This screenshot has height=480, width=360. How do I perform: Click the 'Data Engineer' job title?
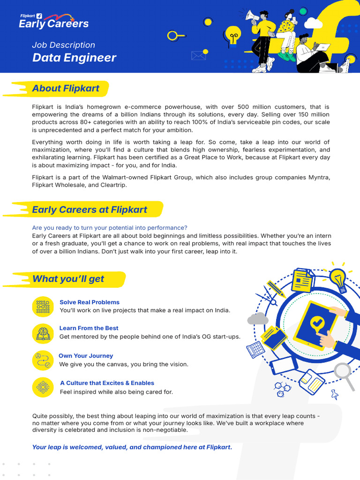pyautogui.click(x=74, y=58)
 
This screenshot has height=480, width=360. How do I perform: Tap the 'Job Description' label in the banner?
pyautogui.click(x=63, y=45)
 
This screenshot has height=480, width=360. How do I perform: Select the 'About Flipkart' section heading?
pyautogui.click(x=66, y=88)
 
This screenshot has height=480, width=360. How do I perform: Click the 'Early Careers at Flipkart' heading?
pyautogui.click(x=89, y=210)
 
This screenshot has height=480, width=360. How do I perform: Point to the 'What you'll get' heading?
pyautogui.click(x=68, y=279)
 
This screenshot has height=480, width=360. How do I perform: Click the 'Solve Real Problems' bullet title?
pyautogui.click(x=90, y=302)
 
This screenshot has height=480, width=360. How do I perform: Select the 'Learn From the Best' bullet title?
pyautogui.click(x=89, y=328)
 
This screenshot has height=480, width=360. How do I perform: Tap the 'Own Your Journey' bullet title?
pyautogui.click(x=86, y=356)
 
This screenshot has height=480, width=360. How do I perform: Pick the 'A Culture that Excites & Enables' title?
pyautogui.click(x=107, y=383)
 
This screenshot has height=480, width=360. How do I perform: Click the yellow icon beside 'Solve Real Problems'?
pyautogui.click(x=43, y=306)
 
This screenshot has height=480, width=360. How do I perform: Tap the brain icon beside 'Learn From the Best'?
pyautogui.click(x=43, y=332)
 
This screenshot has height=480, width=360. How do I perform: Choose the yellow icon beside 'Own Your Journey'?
pyautogui.click(x=43, y=360)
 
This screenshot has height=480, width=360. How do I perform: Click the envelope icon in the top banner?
pyautogui.click(x=199, y=55)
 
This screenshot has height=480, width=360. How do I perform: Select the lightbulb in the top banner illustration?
pyautogui.click(x=233, y=34)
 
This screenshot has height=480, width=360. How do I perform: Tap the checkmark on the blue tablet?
pyautogui.click(x=317, y=322)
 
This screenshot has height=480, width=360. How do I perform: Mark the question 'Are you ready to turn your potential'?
pyautogui.click(x=110, y=228)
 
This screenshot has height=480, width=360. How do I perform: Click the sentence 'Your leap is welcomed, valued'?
pyautogui.click(x=132, y=447)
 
